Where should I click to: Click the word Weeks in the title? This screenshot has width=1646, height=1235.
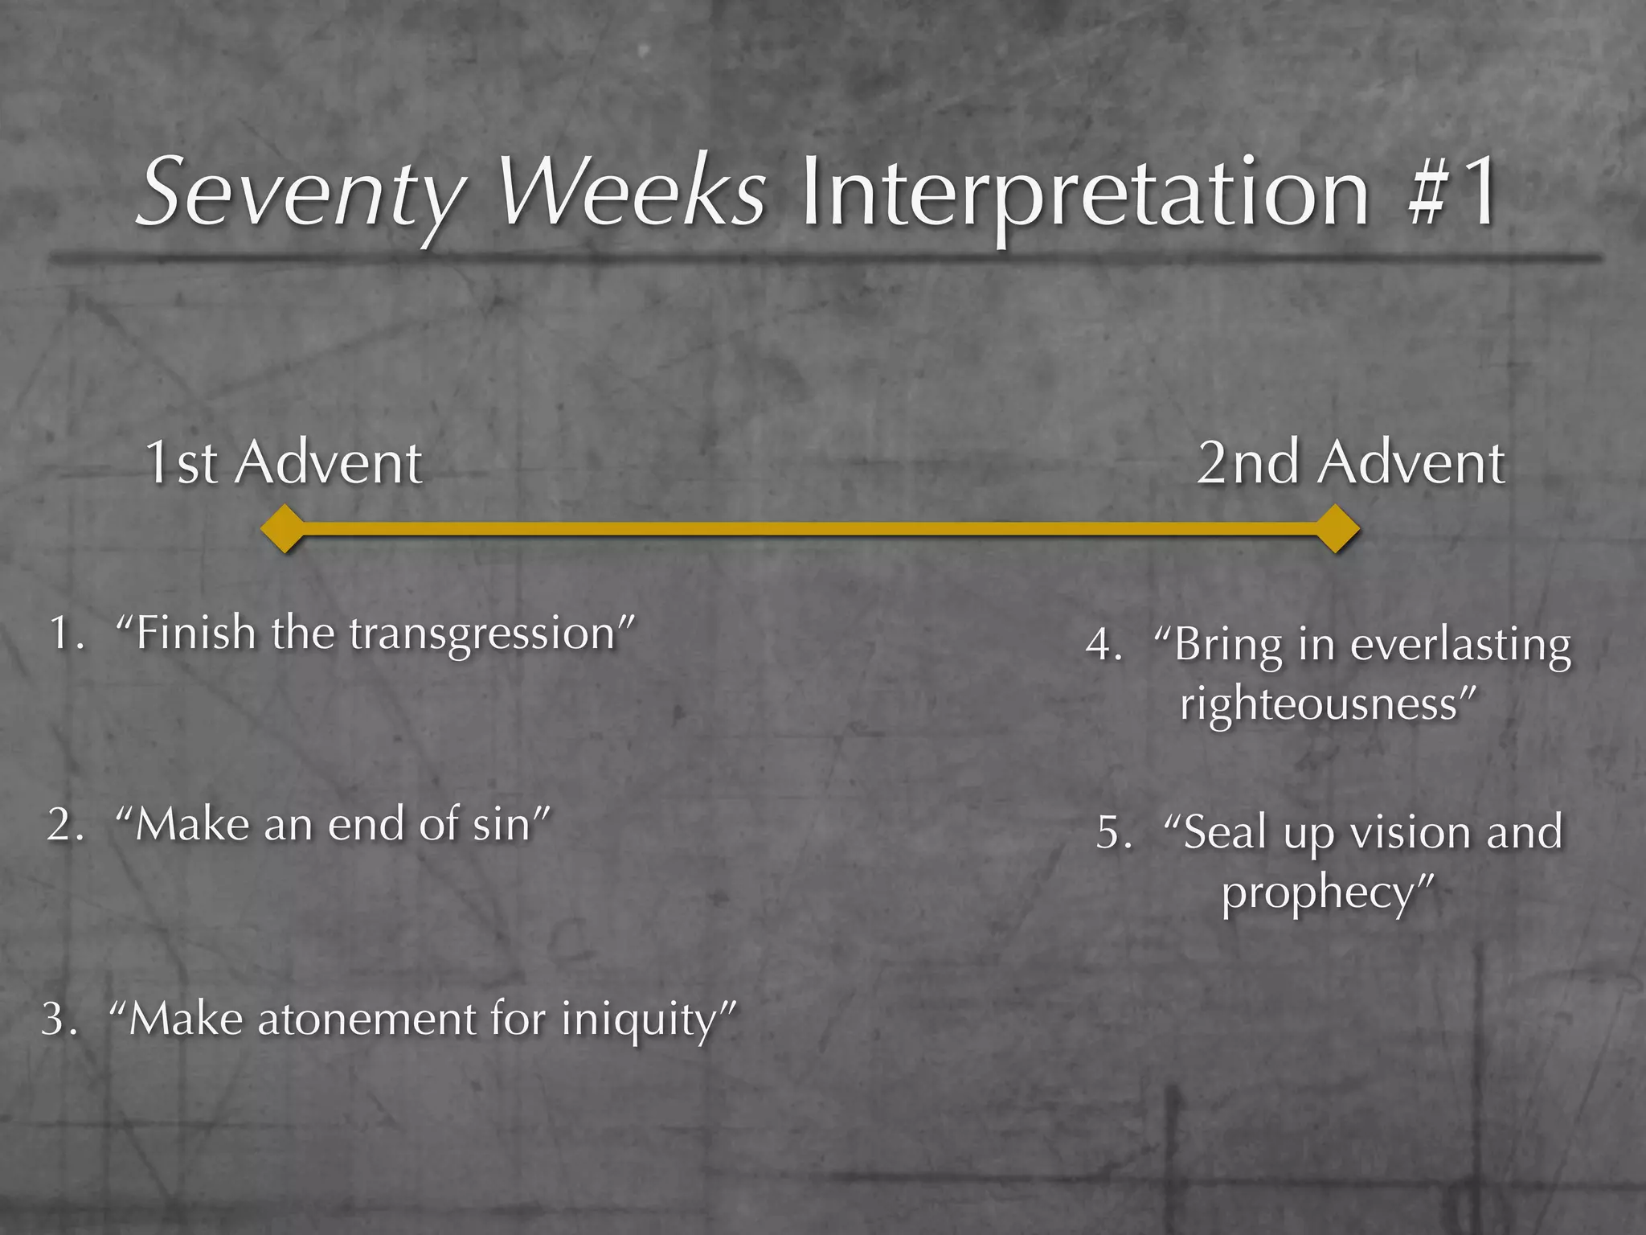pos(632,193)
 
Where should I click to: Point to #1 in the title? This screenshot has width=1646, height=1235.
pos(1452,193)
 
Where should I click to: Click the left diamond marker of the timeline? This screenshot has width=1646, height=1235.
pos(283,529)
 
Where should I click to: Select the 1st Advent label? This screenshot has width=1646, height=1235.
pos(283,463)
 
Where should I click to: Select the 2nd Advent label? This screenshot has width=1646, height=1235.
pos(1350,463)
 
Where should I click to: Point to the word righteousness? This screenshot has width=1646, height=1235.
pos(1318,704)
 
